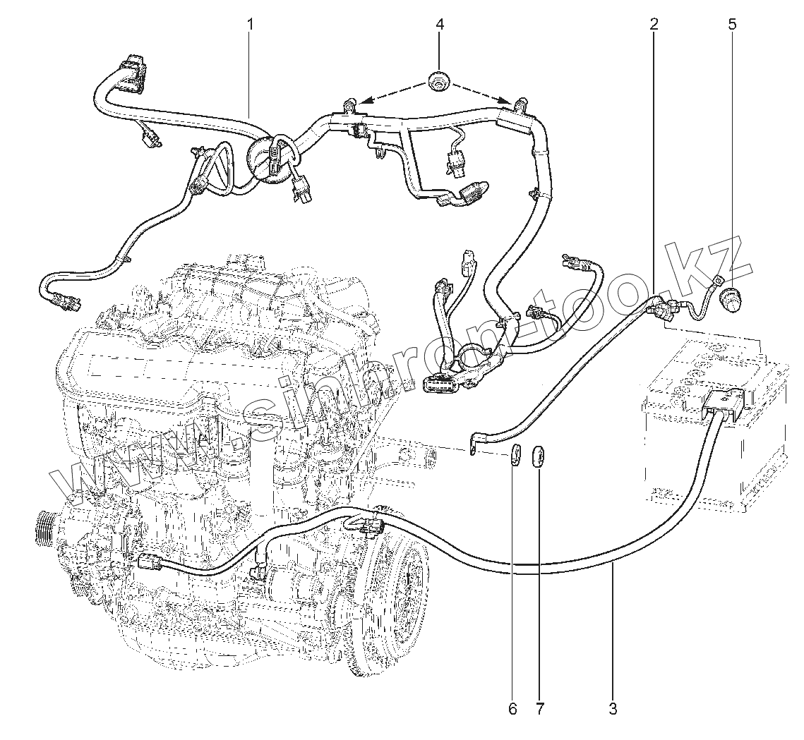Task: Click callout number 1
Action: pyautogui.click(x=250, y=24)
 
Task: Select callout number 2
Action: pyautogui.click(x=654, y=24)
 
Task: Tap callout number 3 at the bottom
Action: pyautogui.click(x=613, y=708)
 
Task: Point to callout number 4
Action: pyautogui.click(x=440, y=24)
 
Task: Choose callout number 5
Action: pyautogui.click(x=732, y=24)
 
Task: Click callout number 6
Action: pyautogui.click(x=513, y=708)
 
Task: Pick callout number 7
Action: pyautogui.click(x=540, y=708)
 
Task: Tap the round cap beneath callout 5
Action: pyautogui.click(x=728, y=302)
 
